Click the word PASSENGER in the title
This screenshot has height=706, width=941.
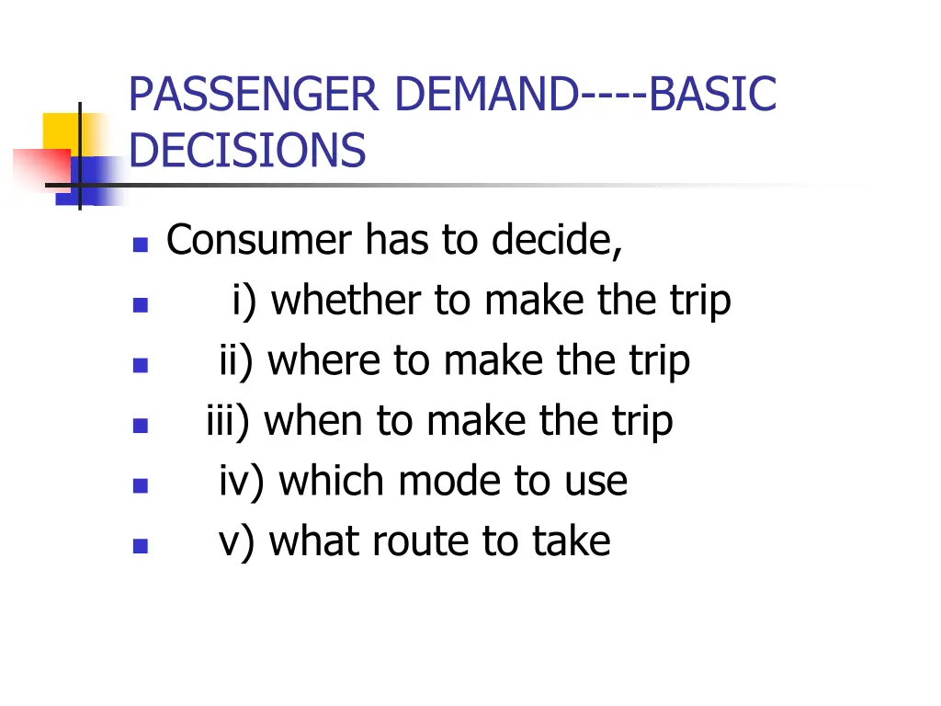[x=253, y=96]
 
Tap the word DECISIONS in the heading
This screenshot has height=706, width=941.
[x=247, y=151]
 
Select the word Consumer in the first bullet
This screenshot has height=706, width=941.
[x=258, y=241]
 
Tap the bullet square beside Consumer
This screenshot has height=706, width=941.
[x=141, y=245]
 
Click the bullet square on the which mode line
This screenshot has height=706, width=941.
[x=141, y=486]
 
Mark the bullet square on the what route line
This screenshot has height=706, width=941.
[x=141, y=546]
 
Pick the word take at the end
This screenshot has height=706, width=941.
[x=572, y=541]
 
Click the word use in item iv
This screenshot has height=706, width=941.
[x=598, y=482]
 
